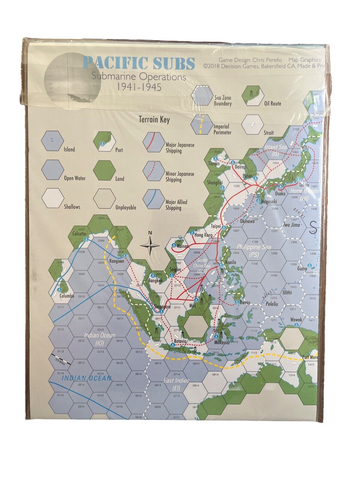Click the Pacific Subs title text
[x=139, y=63]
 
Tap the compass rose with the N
[x=150, y=246]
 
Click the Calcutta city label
[x=79, y=234]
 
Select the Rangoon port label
[x=116, y=261]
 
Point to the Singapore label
[x=162, y=307]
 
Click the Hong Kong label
[x=203, y=235]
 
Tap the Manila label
[x=230, y=262]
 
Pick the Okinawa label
[x=247, y=221]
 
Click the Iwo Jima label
[x=292, y=225]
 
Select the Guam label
[x=302, y=269]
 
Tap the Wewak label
[x=296, y=320]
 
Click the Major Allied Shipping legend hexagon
[x=153, y=199]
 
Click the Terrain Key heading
[x=154, y=120]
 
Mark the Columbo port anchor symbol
[x=59, y=290]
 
